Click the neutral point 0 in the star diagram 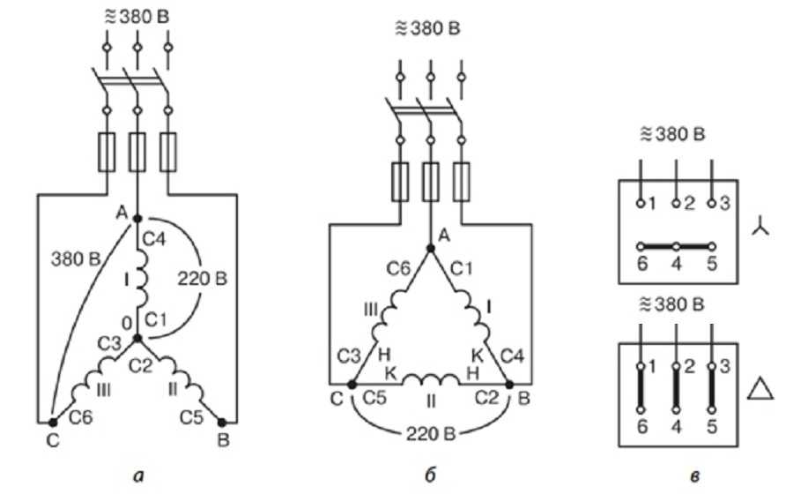[137, 337]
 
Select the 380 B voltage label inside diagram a [72, 262]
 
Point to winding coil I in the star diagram [138, 282]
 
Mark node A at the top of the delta [430, 249]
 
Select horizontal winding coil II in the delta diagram [430, 381]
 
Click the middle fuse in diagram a [137, 151]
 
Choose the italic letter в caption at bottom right [697, 477]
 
